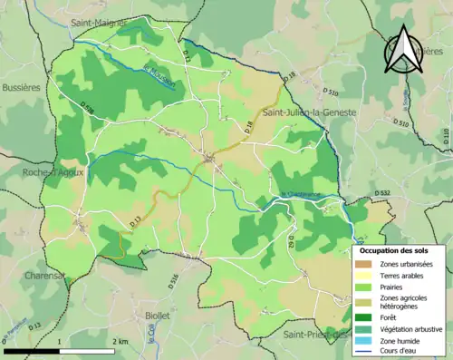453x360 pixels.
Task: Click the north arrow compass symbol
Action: (404, 49)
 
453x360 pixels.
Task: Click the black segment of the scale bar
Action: (33, 351)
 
